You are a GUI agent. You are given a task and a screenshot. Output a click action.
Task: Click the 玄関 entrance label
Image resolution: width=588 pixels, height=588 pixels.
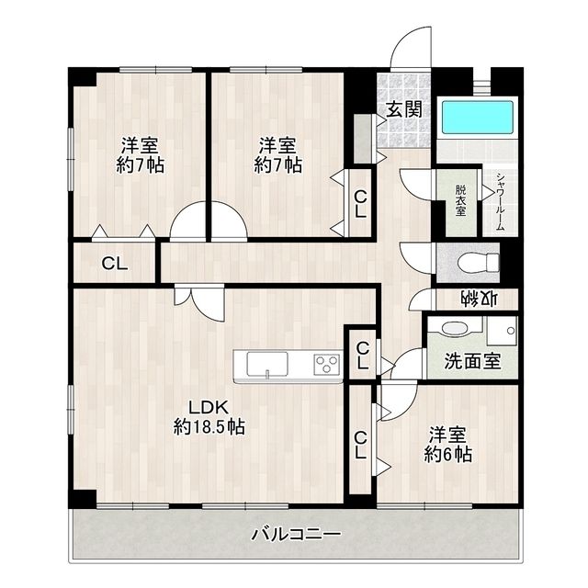coord(403,109)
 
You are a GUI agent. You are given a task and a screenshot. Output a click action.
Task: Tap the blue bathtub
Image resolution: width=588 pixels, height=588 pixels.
coord(477,118)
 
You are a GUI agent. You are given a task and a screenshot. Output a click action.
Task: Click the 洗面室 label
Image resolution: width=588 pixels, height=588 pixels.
coord(472,361)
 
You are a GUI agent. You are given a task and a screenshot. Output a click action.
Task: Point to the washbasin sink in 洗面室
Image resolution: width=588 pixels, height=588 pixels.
coord(453,328)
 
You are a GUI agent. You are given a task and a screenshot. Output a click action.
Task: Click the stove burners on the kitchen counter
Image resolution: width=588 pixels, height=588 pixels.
coord(326,364)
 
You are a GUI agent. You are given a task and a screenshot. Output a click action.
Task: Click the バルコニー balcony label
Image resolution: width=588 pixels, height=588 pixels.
coord(296,533)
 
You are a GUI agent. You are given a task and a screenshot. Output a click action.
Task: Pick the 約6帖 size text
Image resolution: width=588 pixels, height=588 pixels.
coord(448,454)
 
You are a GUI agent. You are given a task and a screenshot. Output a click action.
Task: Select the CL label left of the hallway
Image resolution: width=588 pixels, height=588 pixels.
coord(115,265)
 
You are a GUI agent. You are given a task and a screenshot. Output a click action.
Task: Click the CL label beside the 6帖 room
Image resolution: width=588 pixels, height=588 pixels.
coord(361,446)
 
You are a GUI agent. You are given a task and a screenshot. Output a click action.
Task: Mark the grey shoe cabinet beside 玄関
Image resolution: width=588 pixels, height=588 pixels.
coord(362,136)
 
